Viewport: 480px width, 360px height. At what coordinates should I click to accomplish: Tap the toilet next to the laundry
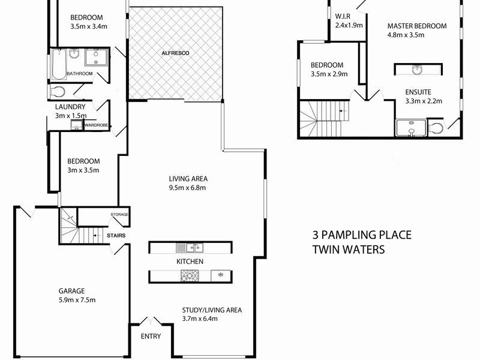coord(58,91)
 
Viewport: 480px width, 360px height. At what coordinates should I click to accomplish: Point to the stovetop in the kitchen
coord(190,275)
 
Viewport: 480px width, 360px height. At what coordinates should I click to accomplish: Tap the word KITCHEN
coord(190,262)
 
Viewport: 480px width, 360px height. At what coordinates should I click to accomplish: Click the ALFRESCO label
coord(175,54)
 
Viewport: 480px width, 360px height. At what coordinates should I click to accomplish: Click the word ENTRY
coord(151,336)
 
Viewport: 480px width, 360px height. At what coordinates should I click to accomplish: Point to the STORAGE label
coord(119,215)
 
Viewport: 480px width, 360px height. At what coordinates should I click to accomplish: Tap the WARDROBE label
coord(96,125)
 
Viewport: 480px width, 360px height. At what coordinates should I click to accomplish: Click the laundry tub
coord(76,125)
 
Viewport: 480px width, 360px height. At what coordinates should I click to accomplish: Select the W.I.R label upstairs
coord(343,16)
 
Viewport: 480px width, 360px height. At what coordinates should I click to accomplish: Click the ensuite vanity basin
coord(418,70)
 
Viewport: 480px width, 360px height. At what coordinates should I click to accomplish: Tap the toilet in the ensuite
coord(436,128)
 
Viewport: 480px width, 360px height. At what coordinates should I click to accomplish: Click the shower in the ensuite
coord(411,128)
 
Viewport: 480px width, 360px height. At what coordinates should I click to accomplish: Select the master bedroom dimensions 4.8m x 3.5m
coord(406,35)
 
